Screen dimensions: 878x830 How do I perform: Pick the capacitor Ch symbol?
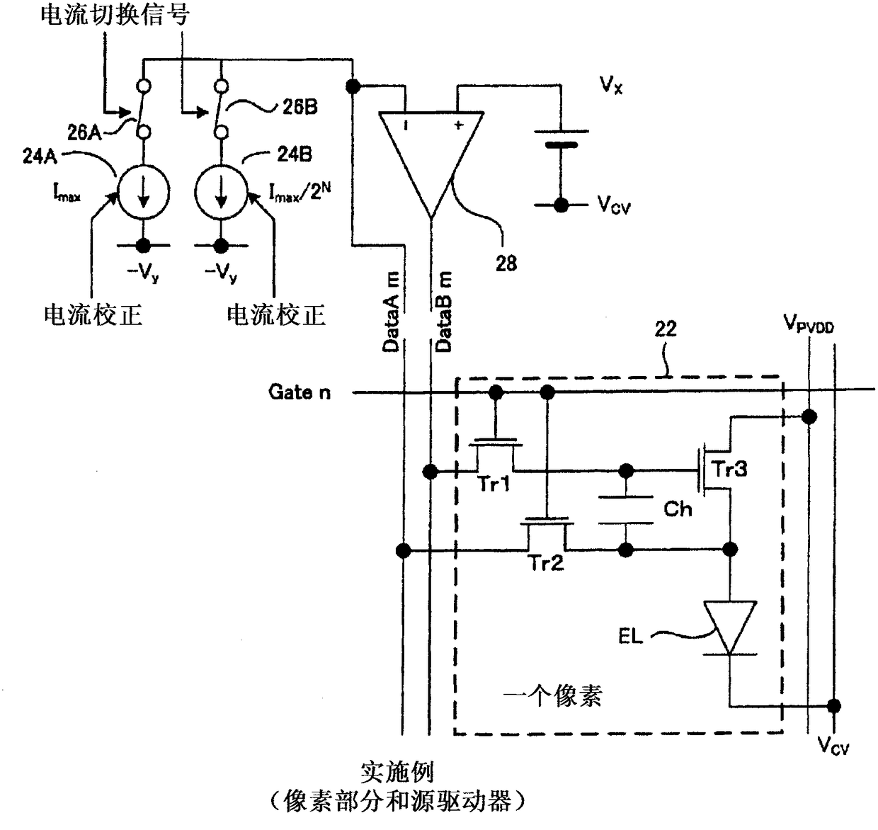(626, 510)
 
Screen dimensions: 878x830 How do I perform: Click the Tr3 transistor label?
(729, 469)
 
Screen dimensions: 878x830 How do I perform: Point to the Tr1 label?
(494, 484)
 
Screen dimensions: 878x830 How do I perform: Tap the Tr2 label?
(546, 562)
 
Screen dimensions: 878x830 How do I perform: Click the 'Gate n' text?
(300, 392)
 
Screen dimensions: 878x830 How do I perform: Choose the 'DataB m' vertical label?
(443, 312)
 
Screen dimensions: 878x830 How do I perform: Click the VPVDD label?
(809, 324)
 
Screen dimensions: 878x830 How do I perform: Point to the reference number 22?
(666, 329)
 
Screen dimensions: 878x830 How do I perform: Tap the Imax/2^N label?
(300, 192)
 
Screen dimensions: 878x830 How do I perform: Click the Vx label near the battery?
(610, 84)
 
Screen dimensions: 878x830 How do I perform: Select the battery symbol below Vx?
(561, 138)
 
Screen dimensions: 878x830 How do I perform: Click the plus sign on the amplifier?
(458, 125)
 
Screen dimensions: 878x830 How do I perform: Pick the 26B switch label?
(300, 107)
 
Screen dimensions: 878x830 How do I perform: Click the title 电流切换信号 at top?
(115, 14)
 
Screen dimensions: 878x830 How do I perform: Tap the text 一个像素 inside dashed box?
(553, 696)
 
